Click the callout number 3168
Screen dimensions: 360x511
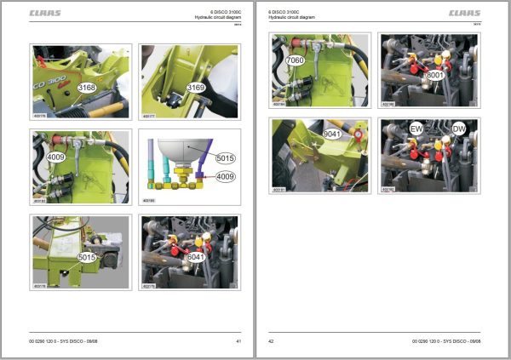(86, 88)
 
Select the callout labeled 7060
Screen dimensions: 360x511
(296, 61)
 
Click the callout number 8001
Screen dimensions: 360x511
(435, 74)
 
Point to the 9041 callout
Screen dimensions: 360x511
(331, 134)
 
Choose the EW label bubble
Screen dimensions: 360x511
(416, 129)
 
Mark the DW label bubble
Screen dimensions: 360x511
(459, 129)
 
